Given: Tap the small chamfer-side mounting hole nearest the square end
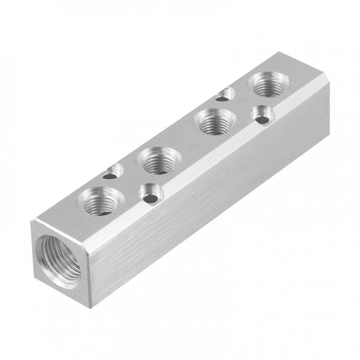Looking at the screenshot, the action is click(x=150, y=194).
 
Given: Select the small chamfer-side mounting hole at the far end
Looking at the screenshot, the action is click(x=261, y=115).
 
